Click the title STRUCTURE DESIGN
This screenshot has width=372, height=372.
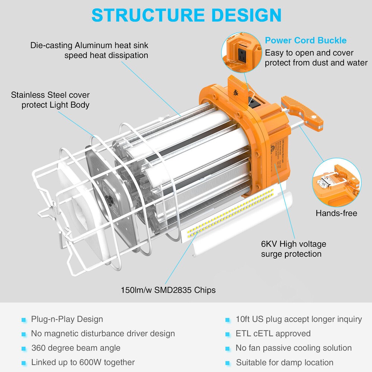click(x=186, y=15)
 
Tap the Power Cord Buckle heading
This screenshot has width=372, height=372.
click(x=305, y=41)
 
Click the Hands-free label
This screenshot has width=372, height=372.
click(x=336, y=213)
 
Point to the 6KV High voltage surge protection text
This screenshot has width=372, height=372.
click(x=294, y=249)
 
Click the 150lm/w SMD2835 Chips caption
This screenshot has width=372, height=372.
click(x=168, y=290)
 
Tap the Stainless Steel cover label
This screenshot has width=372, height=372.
click(x=50, y=100)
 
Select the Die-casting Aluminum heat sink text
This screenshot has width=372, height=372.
click(x=89, y=50)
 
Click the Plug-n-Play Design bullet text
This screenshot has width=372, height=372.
click(x=67, y=319)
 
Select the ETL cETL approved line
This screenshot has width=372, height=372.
click(x=273, y=334)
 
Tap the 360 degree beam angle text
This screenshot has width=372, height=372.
click(x=76, y=348)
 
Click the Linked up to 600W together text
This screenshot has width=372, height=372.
click(x=83, y=362)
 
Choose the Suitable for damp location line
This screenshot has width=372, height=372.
click(x=285, y=362)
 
